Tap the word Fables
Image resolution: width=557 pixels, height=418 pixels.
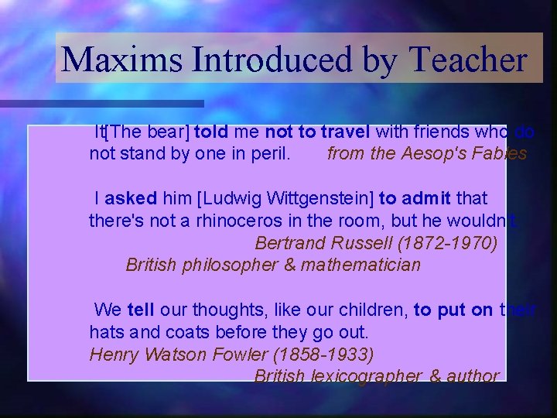click(x=501, y=153)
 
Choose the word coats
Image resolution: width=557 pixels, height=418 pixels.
click(x=180, y=333)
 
